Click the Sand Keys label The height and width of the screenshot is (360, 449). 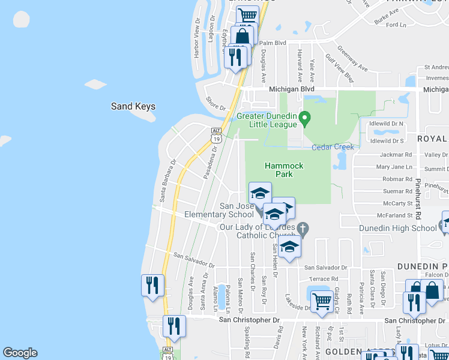(x=133, y=106)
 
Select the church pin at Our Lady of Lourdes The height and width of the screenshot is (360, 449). (x=303, y=228)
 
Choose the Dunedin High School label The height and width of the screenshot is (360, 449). (x=397, y=228)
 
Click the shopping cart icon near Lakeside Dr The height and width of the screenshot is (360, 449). (x=322, y=300)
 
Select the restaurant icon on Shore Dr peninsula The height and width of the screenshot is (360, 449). (x=235, y=56)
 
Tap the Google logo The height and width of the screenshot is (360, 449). (x=20, y=353)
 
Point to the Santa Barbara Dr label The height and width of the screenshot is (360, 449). (x=166, y=179)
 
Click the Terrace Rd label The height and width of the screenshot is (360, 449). (x=324, y=279)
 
